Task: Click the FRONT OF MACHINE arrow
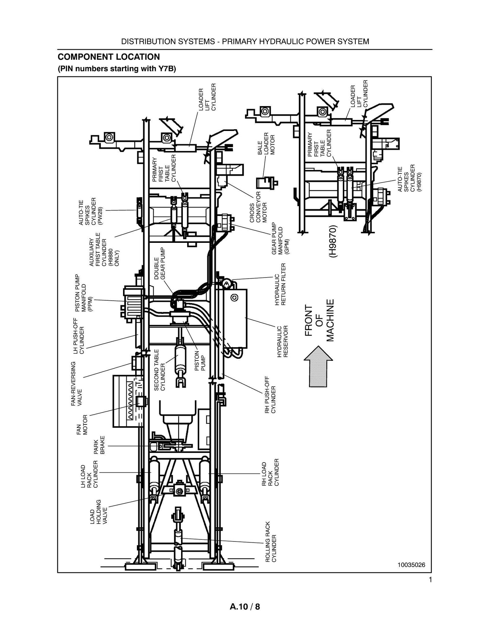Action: pos(318,367)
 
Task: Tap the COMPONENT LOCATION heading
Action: pos(109,57)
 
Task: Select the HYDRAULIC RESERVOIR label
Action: pos(282,341)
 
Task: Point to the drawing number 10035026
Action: pos(411,565)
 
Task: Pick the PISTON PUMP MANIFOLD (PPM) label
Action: pos(84,293)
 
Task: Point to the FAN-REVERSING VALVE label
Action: pos(76,384)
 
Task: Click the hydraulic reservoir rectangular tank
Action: pos(235,318)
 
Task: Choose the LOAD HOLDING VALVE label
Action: pos(99,512)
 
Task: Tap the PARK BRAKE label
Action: pos(99,445)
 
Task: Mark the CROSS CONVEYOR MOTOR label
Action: pos(259,207)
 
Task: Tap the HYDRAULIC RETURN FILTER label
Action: pos(280,284)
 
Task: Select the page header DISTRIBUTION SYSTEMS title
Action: pos(245,41)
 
